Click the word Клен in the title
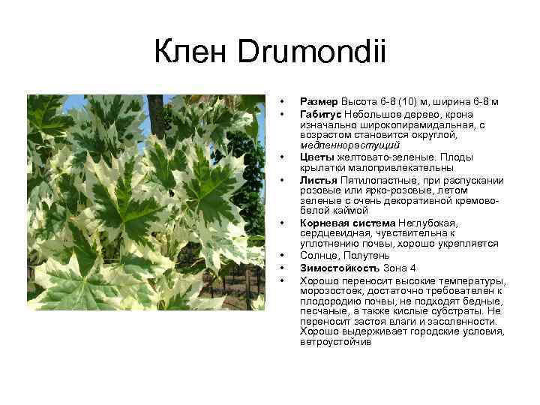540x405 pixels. [x=193, y=54]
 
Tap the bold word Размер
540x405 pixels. [x=319, y=101]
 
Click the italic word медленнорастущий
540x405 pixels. [x=349, y=144]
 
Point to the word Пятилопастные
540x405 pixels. [x=378, y=180]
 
